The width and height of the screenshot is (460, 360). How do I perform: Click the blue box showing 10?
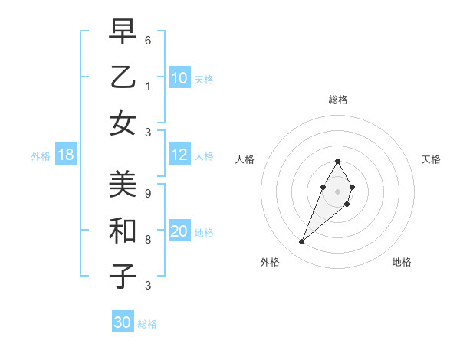click(x=179, y=78)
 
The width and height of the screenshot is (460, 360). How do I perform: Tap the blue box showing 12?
click(x=179, y=155)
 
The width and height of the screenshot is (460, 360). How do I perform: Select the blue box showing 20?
click(x=179, y=232)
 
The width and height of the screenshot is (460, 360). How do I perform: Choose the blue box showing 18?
click(x=66, y=155)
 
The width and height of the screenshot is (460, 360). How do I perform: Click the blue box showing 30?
click(x=123, y=323)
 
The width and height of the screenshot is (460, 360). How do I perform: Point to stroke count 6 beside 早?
click(x=148, y=40)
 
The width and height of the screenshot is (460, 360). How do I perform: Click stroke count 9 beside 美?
click(x=148, y=194)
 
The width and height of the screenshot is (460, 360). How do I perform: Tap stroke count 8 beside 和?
click(x=148, y=240)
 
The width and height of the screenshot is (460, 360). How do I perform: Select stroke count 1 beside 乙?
click(x=148, y=86)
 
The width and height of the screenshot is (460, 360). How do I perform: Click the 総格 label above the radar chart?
click(x=337, y=100)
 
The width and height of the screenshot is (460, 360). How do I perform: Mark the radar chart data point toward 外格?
click(x=302, y=242)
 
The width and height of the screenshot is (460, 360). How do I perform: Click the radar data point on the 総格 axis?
click(x=337, y=161)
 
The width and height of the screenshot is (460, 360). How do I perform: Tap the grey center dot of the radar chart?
click(x=337, y=191)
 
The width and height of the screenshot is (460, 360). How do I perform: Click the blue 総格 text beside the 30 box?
click(x=147, y=324)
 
